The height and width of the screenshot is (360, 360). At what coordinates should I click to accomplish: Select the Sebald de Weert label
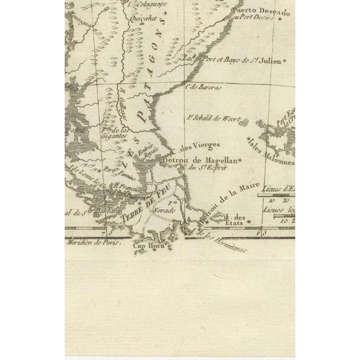212,119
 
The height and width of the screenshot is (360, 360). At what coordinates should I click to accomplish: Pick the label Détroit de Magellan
200,160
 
